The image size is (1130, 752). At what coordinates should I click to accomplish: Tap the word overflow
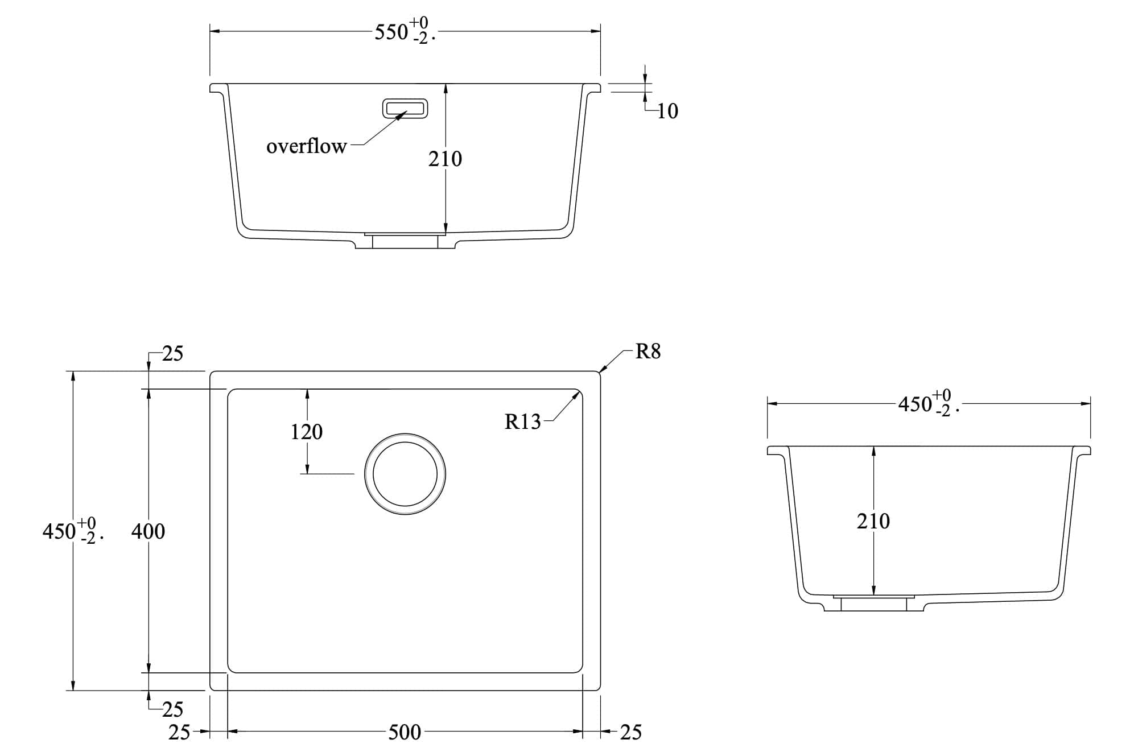pyautogui.click(x=306, y=147)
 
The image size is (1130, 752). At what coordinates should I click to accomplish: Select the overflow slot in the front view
pyautogui.click(x=405, y=108)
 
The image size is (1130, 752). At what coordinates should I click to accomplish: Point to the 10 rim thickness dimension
pyautogui.click(x=667, y=111)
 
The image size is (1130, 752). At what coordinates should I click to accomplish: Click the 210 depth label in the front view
pyautogui.click(x=445, y=159)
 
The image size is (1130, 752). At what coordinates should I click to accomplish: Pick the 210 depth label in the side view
pyautogui.click(x=873, y=521)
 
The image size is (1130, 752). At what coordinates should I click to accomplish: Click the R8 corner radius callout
pyautogui.click(x=648, y=352)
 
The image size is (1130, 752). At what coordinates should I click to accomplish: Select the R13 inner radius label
pyautogui.click(x=522, y=422)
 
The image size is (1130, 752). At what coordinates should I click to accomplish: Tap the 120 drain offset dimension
pyautogui.click(x=306, y=432)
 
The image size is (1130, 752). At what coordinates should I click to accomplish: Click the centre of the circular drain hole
pyautogui.click(x=405, y=474)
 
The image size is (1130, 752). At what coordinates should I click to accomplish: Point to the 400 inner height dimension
pyautogui.click(x=148, y=531)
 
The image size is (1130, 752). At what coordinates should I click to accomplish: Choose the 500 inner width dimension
pyautogui.click(x=405, y=732)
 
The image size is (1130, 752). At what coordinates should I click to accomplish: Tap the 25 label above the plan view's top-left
pyautogui.click(x=172, y=354)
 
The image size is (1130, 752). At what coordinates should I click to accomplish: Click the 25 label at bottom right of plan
pyautogui.click(x=630, y=732)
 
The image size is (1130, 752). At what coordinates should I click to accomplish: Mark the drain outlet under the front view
pyautogui.click(x=405, y=241)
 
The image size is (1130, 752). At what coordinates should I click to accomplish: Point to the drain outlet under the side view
pyautogui.click(x=873, y=604)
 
